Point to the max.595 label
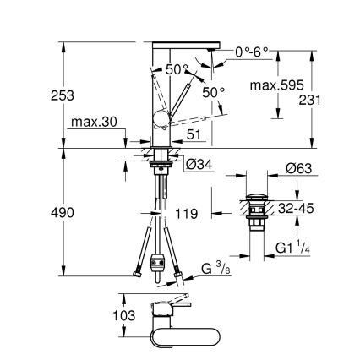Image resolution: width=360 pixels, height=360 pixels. (x=276, y=85)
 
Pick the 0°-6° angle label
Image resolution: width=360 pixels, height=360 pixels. (x=251, y=52)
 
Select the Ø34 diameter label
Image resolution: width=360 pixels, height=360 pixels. (x=196, y=164)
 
